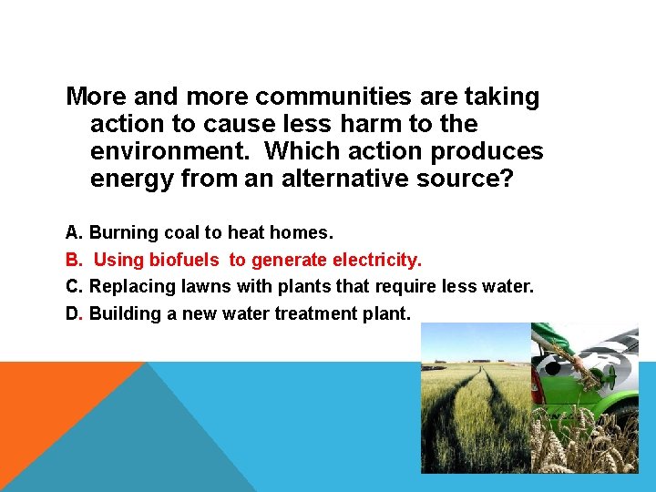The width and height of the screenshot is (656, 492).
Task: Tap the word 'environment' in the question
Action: pos(172,151)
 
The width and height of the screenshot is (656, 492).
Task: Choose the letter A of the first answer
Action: pos(73,233)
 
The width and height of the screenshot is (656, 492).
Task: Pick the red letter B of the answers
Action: pos(73,261)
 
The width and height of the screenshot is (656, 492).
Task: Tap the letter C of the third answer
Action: pos(73,287)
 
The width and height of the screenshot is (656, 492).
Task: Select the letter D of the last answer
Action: pos(73,314)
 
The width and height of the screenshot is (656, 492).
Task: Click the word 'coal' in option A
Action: pos(179,233)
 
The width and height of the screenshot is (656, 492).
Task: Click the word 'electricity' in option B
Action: pos(374,261)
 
